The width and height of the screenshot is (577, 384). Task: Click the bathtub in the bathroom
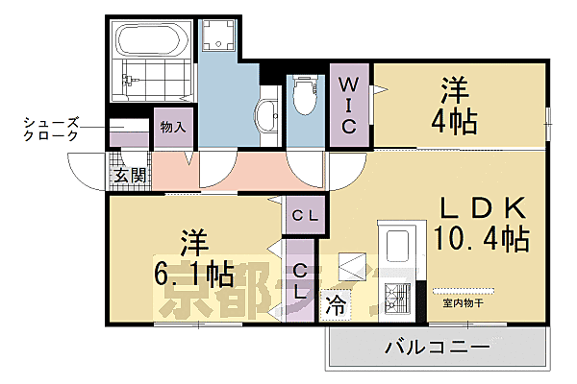click(150, 42)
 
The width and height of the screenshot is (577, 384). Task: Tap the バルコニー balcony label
click(438, 346)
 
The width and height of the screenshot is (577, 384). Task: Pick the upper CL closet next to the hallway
click(305, 216)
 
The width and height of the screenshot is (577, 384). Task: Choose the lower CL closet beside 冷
click(301, 280)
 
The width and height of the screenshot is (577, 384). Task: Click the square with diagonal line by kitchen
click(351, 266)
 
